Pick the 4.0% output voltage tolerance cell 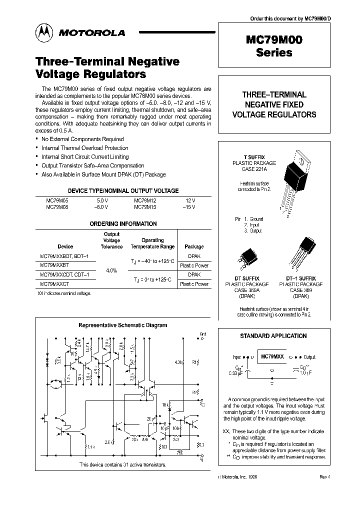coord(111,270)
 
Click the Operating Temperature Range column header coord(152,243)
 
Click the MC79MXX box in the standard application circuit coord(272,357)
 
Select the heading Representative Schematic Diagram coord(123,325)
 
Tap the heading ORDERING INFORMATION coord(123,224)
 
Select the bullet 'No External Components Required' coord(82,139)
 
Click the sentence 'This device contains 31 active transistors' coord(123,464)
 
